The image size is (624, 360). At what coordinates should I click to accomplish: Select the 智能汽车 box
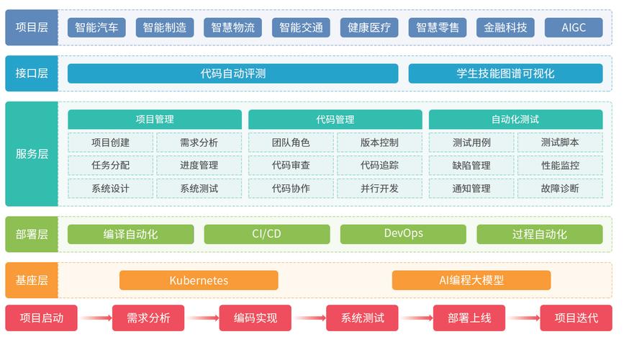tap(96, 28)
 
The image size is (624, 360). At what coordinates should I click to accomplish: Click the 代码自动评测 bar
tap(232, 73)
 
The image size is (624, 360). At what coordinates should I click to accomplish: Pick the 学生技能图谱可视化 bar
tap(505, 73)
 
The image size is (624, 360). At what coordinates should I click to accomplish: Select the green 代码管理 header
tap(335, 120)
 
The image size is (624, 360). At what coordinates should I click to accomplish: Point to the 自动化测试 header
tap(515, 120)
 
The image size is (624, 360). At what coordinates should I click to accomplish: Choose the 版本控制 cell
tap(379, 143)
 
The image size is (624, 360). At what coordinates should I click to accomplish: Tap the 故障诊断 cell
tap(560, 189)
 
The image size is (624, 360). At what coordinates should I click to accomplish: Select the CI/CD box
tap(266, 234)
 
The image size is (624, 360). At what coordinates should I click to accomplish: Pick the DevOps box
tap(403, 234)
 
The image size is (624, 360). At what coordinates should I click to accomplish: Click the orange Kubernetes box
tap(199, 280)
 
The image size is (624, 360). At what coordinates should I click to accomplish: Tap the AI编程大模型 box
tap(471, 280)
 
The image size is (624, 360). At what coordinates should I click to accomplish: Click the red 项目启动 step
tap(41, 318)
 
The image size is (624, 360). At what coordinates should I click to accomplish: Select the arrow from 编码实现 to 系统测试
tap(309, 318)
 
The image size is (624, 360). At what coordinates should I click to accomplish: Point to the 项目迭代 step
tap(576, 318)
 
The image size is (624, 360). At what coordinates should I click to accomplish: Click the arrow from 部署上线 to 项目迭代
tap(523, 318)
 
